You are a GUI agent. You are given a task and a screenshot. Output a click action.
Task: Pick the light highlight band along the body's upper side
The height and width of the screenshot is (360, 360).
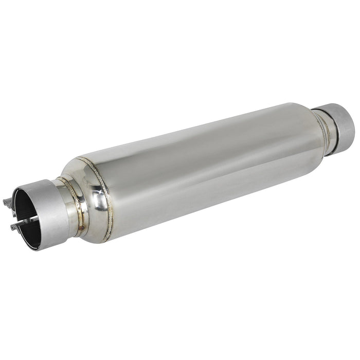(x=195, y=131)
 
